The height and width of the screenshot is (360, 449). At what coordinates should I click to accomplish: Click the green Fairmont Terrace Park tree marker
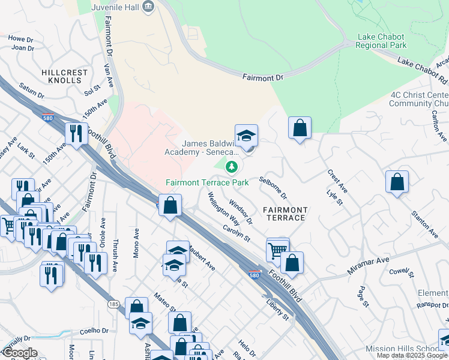pyautogui.click(x=230, y=166)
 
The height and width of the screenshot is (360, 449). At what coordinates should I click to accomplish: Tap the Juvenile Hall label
pyautogui.click(x=115, y=7)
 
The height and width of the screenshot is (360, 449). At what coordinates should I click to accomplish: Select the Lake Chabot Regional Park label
pyautogui.click(x=382, y=41)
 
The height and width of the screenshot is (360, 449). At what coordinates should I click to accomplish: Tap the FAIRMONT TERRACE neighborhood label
pyautogui.click(x=286, y=214)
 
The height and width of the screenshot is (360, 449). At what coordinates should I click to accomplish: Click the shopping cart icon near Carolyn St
pyautogui.click(x=277, y=249)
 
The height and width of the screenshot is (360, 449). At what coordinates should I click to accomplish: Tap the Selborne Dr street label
pyautogui.click(x=274, y=188)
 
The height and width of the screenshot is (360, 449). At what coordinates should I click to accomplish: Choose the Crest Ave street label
pyautogui.click(x=337, y=181)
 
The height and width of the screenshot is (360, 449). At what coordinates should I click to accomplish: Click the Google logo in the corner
pyautogui.click(x=20, y=353)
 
